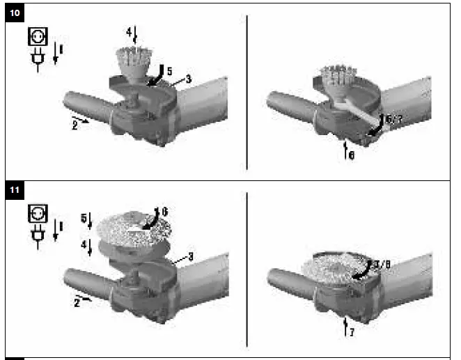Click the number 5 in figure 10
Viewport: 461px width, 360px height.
click(x=169, y=70)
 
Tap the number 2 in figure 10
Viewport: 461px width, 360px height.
click(x=76, y=127)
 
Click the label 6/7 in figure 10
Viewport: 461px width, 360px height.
click(x=393, y=119)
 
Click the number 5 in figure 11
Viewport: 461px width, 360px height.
click(x=83, y=219)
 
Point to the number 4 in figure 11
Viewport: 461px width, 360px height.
click(x=83, y=246)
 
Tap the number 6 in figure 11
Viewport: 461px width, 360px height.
click(x=165, y=210)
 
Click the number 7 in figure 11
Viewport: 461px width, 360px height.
click(x=353, y=333)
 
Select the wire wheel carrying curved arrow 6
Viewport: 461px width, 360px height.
click(x=132, y=226)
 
